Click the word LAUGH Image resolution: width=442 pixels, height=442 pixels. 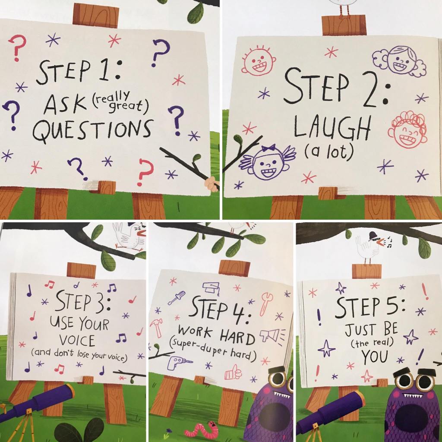coord(332,127)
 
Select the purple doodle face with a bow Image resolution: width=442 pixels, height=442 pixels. coord(267,162)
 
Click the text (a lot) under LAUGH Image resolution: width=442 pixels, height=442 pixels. coord(328,152)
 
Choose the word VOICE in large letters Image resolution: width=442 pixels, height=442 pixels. coord(77,340)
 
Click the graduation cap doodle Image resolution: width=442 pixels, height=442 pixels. coord(211,288)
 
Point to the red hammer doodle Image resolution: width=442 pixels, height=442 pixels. coord(156,328)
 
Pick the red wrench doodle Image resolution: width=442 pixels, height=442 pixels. coord(265,303)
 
